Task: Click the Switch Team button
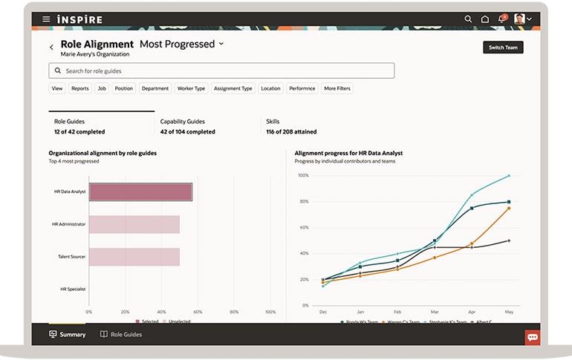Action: [x=503, y=48]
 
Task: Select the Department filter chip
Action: [x=155, y=88]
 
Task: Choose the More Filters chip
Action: [x=337, y=88]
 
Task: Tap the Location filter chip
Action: [x=270, y=88]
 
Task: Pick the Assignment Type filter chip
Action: [x=233, y=88]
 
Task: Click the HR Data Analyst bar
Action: [x=140, y=192]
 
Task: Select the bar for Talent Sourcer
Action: [x=134, y=257]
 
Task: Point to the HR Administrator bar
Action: [x=134, y=224]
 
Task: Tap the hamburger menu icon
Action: [x=46, y=19]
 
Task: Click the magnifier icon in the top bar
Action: [x=468, y=19]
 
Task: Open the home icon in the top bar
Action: [x=485, y=19]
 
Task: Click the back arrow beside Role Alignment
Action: [x=51, y=48]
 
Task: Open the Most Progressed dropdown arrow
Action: [x=221, y=45]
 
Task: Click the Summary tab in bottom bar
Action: [x=68, y=335]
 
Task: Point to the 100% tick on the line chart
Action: [x=303, y=176]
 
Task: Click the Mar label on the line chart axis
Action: [x=435, y=312]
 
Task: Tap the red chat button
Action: [x=532, y=337]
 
